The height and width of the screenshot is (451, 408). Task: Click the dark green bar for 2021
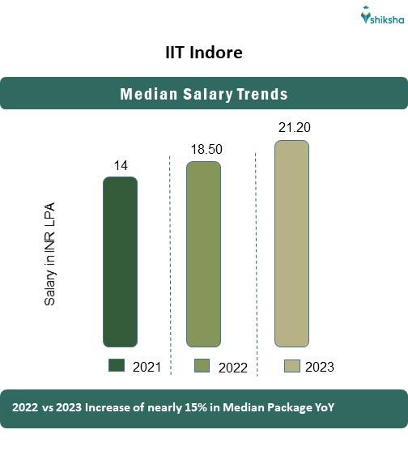tap(120, 262)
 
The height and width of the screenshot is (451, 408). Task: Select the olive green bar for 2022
tap(203, 254)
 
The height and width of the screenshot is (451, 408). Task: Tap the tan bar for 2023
tap(291, 244)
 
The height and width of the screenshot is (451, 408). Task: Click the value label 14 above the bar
tap(120, 166)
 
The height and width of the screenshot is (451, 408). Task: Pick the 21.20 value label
tap(293, 128)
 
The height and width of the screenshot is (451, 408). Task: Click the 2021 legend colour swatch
tap(117, 366)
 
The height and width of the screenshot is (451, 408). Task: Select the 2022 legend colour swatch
tap(202, 366)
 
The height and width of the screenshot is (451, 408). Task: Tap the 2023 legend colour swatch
tap(291, 366)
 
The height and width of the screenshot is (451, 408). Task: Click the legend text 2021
tap(147, 367)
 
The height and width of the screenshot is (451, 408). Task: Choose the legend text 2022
tap(232, 368)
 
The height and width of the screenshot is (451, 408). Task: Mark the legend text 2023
tap(320, 367)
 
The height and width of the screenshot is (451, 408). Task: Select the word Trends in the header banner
tap(261, 94)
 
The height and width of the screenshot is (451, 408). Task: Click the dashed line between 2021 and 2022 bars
tap(169, 251)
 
